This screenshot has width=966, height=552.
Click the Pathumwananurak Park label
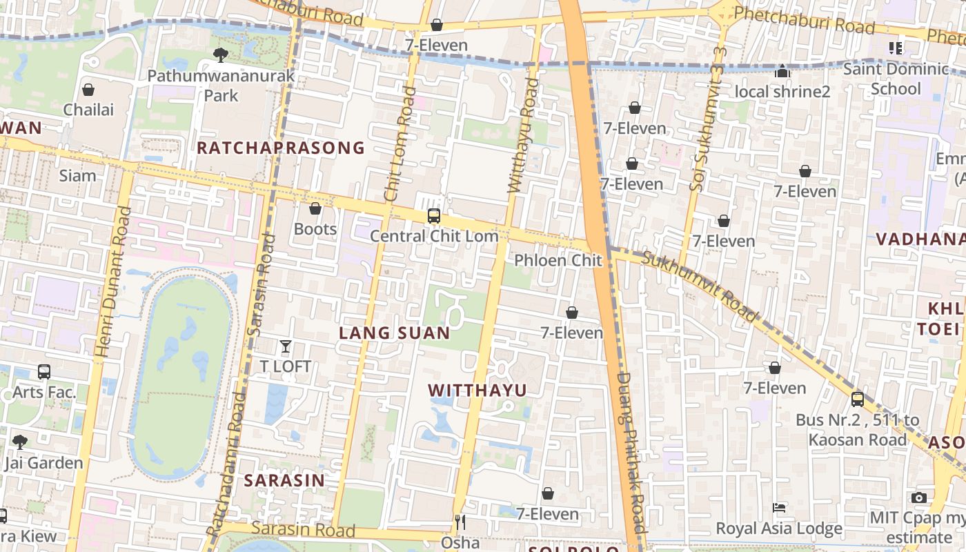click(221, 85)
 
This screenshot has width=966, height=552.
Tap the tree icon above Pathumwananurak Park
click(221, 54)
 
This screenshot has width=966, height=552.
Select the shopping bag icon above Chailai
click(88, 90)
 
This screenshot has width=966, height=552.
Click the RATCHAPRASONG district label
click(281, 148)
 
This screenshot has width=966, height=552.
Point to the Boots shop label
click(315, 228)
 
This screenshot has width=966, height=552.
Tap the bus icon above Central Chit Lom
click(433, 215)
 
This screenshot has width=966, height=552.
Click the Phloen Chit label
click(558, 260)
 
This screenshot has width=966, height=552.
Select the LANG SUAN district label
click(394, 333)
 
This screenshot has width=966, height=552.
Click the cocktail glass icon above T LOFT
click(285, 346)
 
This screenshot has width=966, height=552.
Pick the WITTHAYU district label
click(477, 390)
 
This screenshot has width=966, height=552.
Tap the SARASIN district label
click(284, 480)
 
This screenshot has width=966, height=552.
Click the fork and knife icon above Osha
click(460, 522)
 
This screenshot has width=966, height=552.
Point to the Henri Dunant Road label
click(113, 283)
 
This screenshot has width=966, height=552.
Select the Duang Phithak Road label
click(631, 452)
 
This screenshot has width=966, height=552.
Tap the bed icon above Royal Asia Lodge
click(779, 508)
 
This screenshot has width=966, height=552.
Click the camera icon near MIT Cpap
click(918, 497)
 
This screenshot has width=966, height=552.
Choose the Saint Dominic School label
click(896, 78)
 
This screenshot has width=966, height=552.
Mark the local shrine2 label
click(782, 91)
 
